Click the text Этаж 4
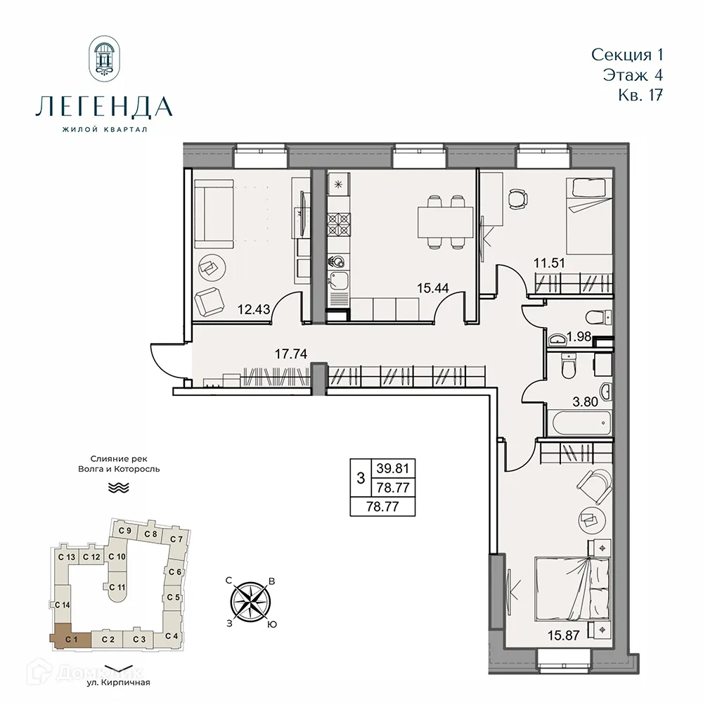pyautogui.click(x=632, y=74)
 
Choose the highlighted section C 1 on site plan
pyautogui.click(x=70, y=638)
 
